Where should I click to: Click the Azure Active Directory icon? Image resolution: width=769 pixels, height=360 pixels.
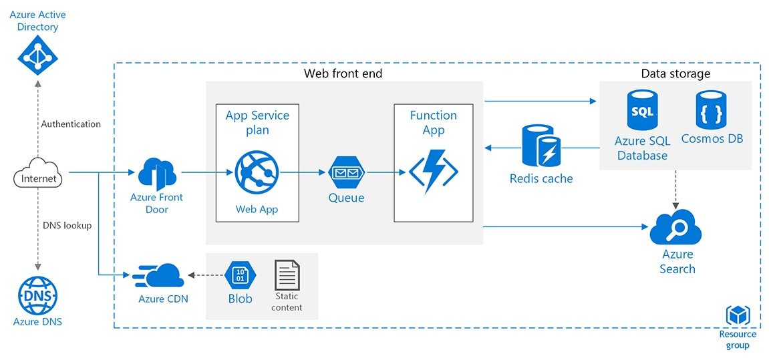[x=38, y=55]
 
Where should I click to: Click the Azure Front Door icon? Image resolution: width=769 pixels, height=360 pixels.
[x=156, y=173]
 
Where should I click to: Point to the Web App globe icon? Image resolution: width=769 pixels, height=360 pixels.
[x=257, y=172]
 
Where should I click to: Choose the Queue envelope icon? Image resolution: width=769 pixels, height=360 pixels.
[x=346, y=173]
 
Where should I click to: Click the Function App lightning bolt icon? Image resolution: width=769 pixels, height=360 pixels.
[x=434, y=171]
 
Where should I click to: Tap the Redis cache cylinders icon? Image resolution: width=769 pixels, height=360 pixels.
[x=541, y=146]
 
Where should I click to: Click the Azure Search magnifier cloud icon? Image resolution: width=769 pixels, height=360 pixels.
[x=676, y=228]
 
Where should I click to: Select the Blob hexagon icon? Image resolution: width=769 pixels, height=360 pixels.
[x=240, y=274]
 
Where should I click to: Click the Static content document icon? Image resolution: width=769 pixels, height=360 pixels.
[x=287, y=275]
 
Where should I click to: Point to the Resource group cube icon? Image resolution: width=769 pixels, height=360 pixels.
[x=738, y=315]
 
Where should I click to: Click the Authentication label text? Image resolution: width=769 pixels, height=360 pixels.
[x=71, y=124]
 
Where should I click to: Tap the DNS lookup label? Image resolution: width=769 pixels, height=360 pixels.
[x=67, y=225]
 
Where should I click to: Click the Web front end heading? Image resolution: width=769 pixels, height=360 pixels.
[x=343, y=73]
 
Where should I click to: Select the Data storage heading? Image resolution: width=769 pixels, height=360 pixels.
[x=675, y=73]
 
